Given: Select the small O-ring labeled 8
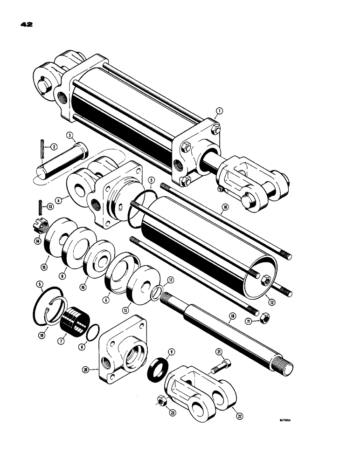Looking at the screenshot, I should pyautogui.click(x=93, y=332).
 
